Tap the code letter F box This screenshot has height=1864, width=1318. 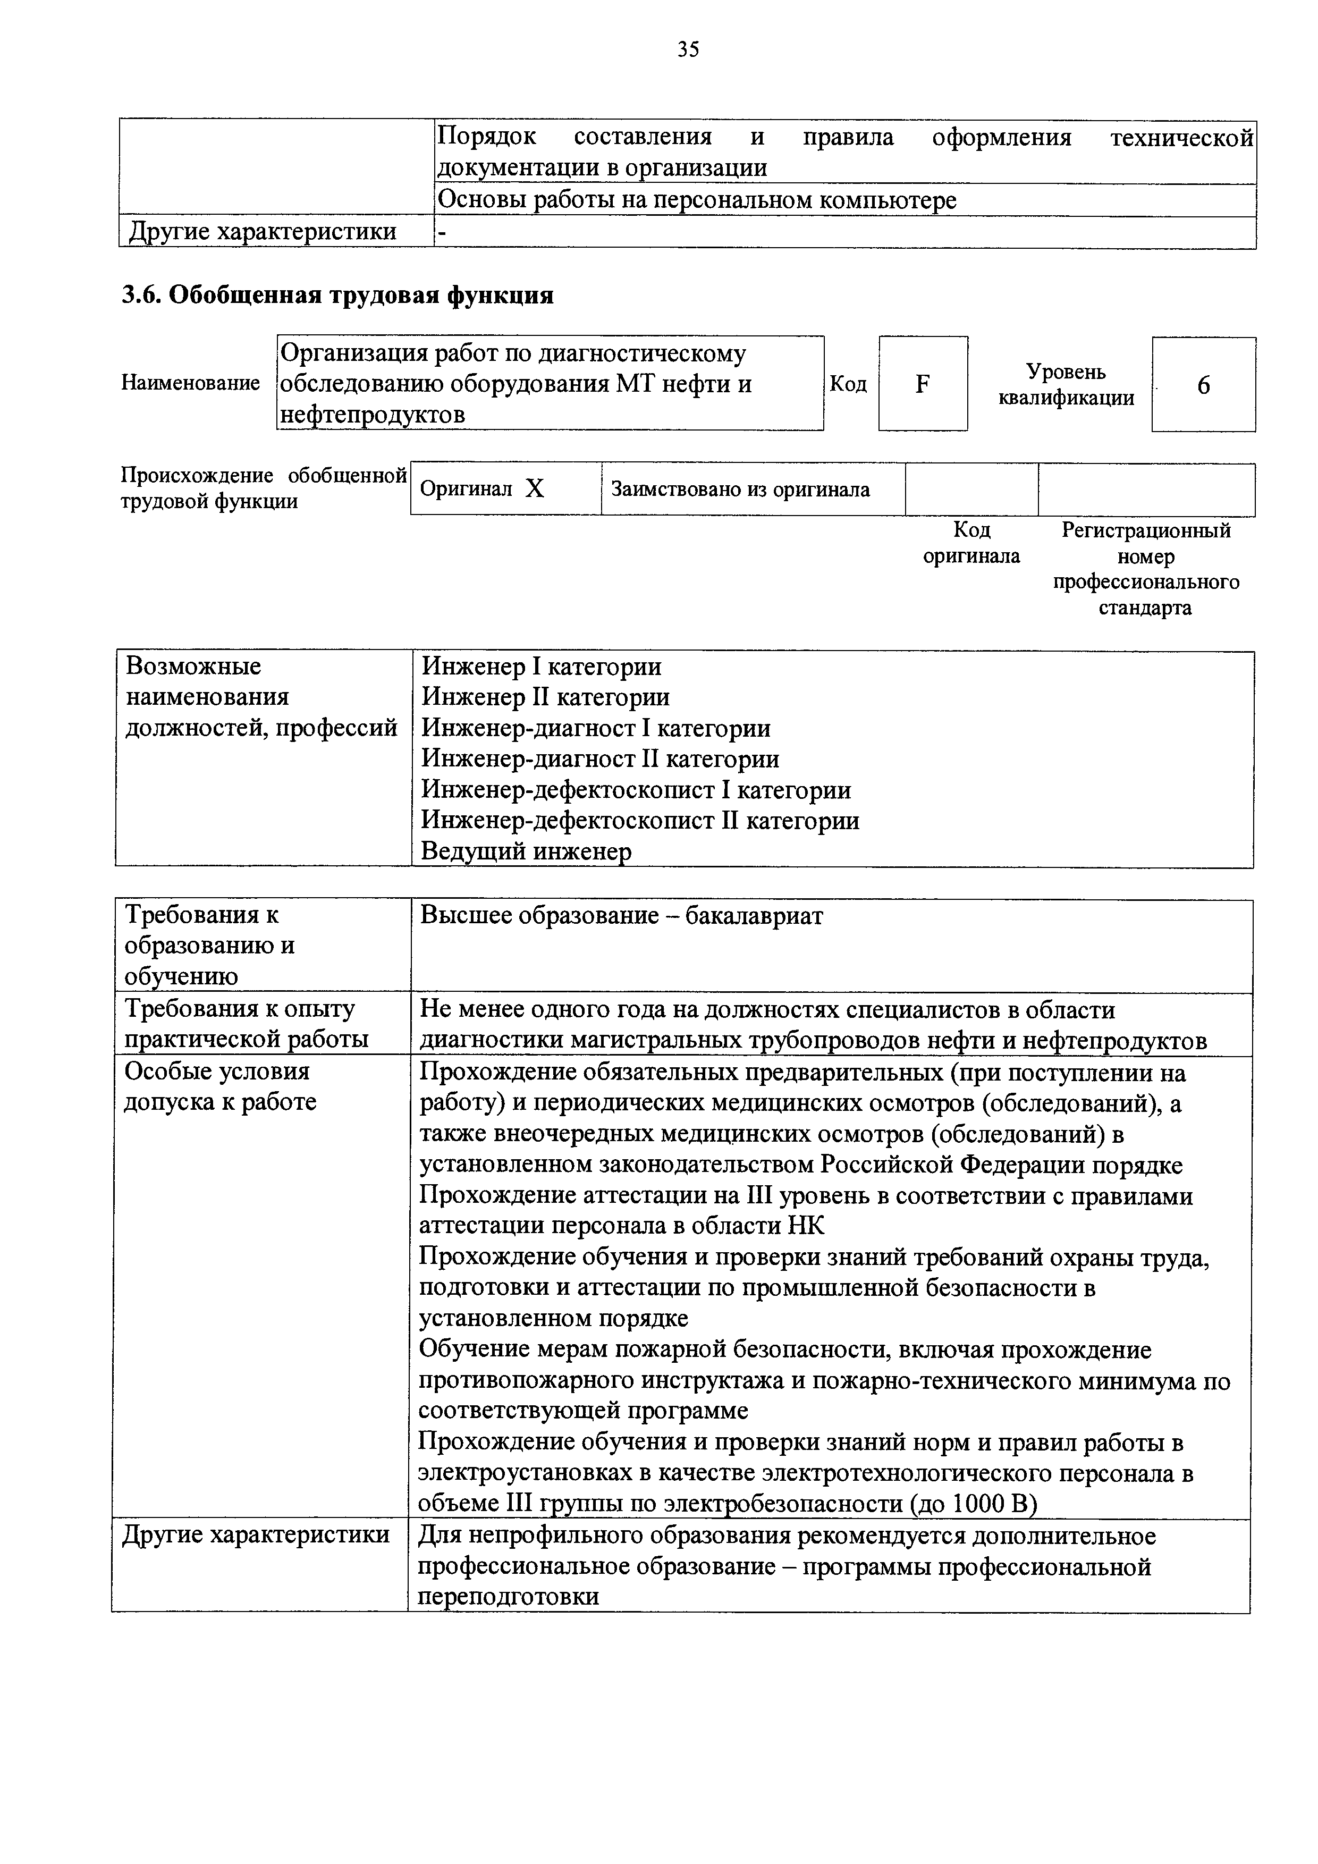click(922, 384)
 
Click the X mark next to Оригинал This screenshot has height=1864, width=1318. click(534, 489)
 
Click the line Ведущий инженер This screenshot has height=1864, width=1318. click(526, 851)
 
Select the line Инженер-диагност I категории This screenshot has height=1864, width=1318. click(596, 728)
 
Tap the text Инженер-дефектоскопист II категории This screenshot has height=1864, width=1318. click(639, 821)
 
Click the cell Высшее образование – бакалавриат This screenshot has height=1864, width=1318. click(622, 916)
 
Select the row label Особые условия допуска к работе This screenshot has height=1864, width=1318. click(219, 1086)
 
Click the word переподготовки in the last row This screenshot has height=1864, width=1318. click(509, 1597)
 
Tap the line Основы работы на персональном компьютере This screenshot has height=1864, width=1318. click(696, 200)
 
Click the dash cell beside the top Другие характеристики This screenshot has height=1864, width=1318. click(442, 233)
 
